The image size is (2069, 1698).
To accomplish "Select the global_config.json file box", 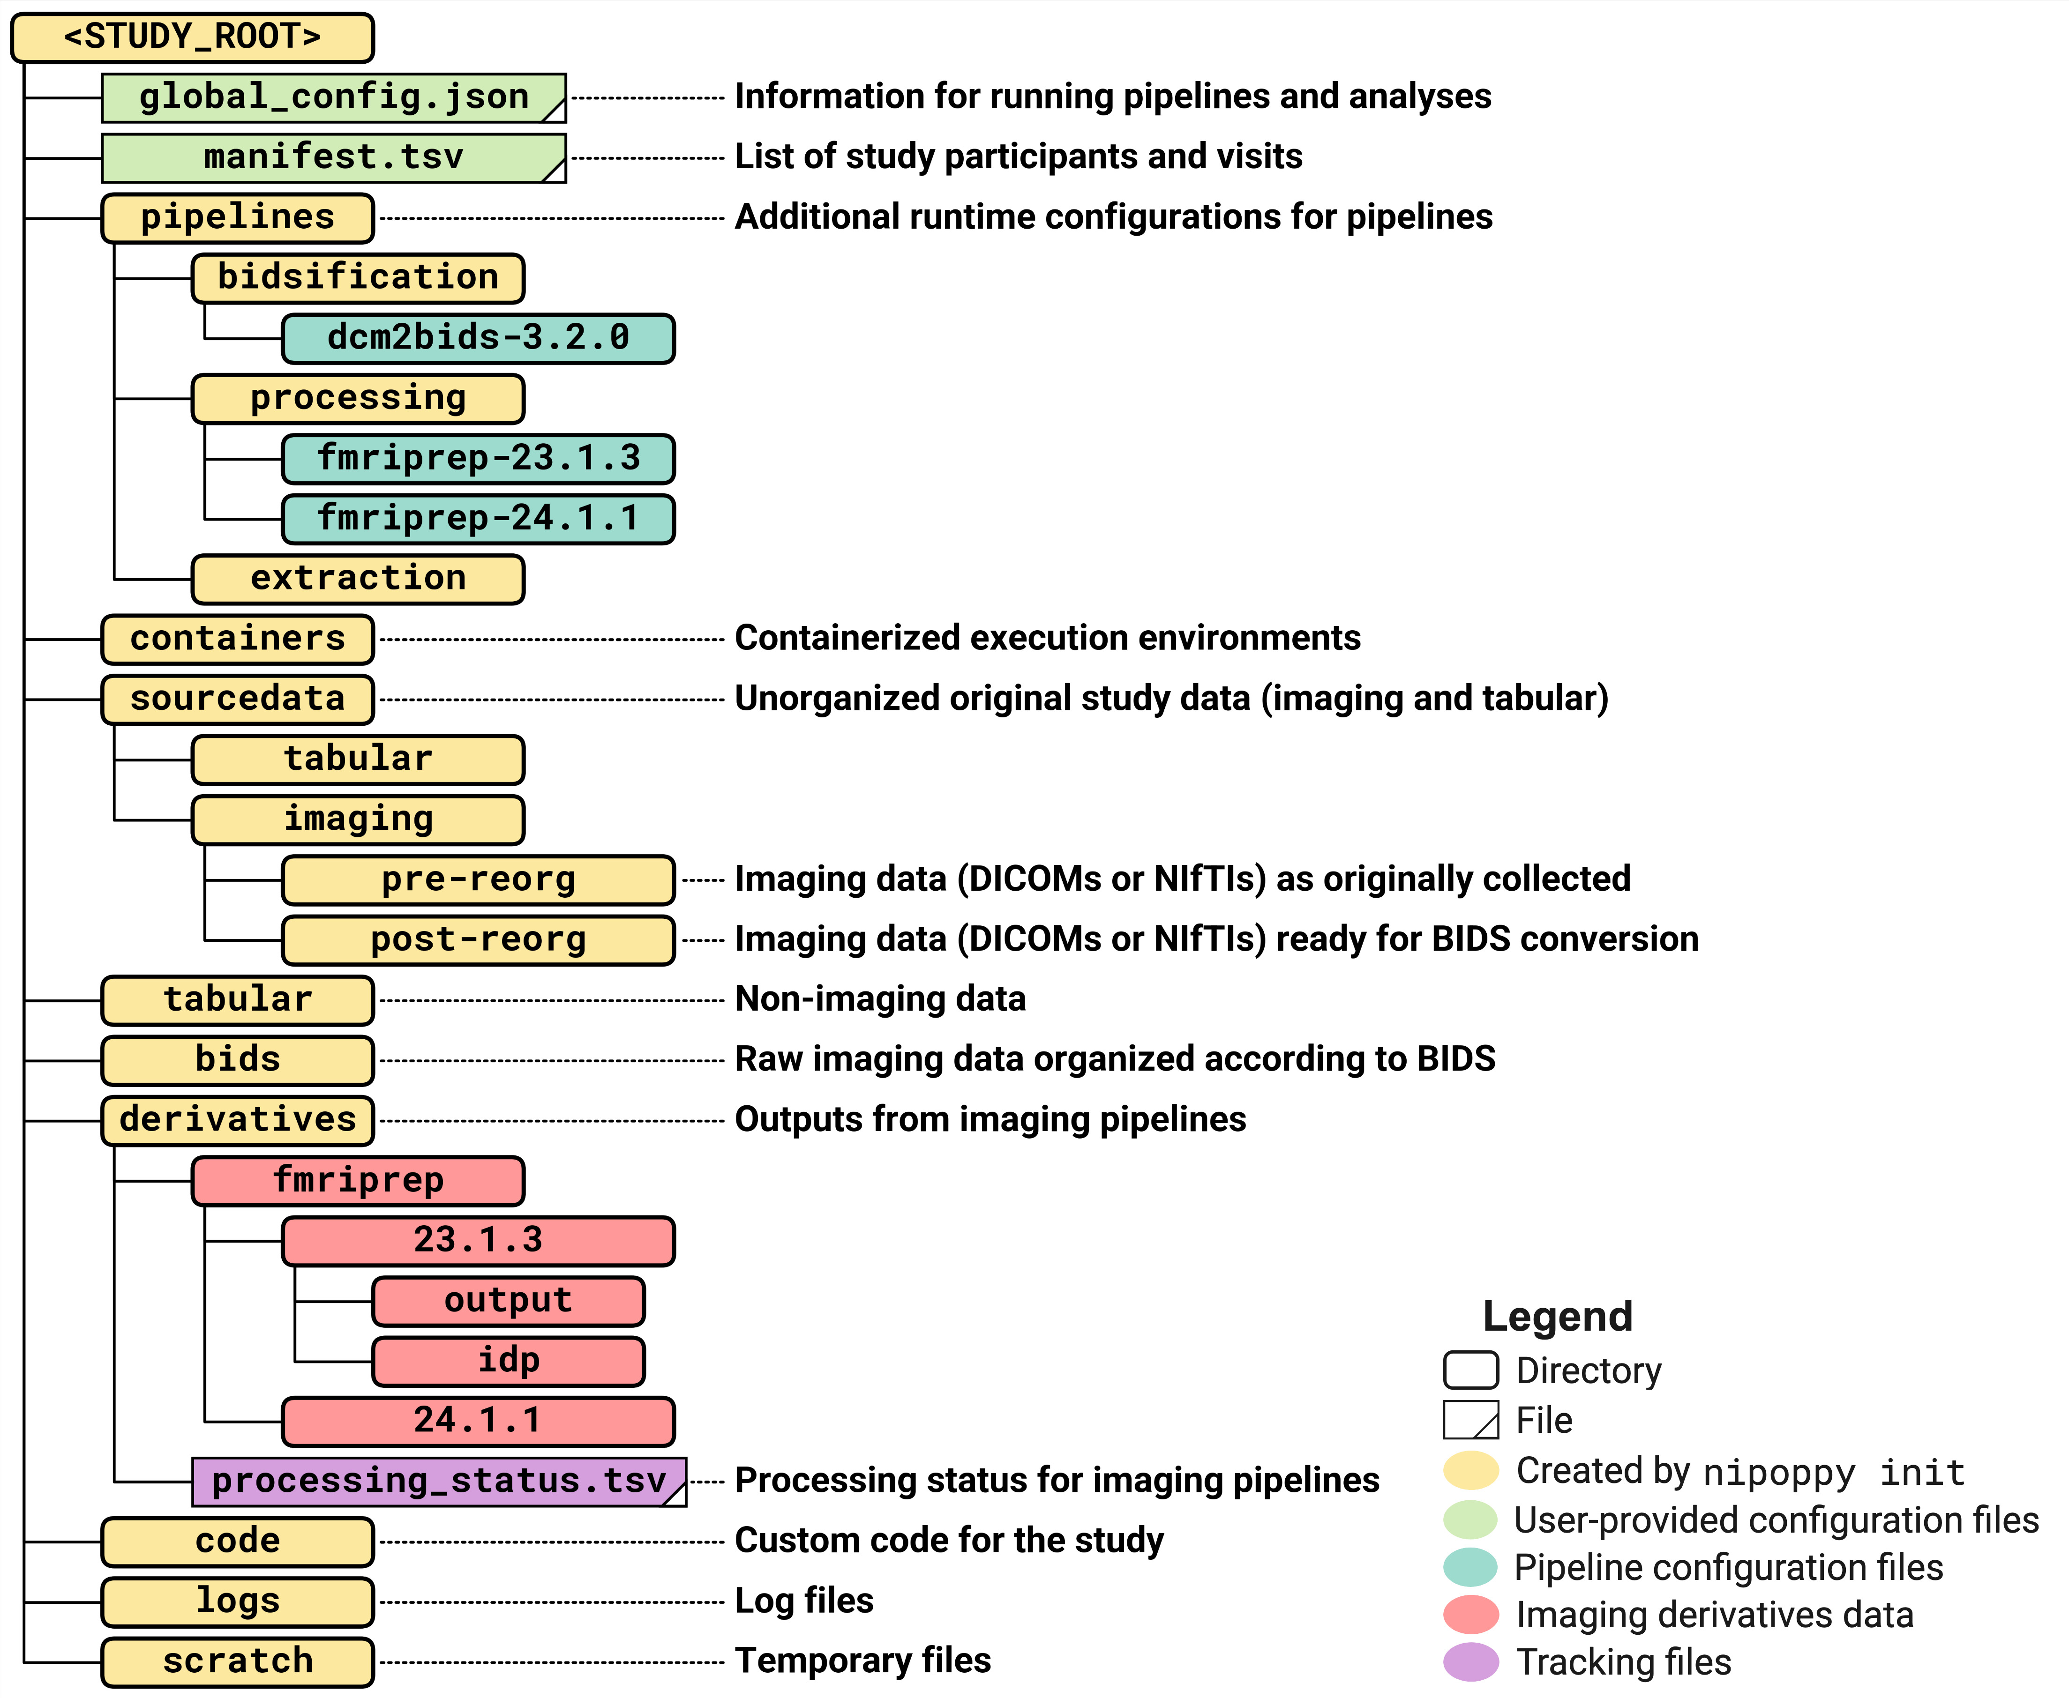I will click(x=334, y=98).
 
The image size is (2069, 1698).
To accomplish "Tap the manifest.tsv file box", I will click(x=334, y=157).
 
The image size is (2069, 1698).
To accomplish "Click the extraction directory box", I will click(x=358, y=579).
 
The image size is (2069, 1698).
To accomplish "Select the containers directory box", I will click(x=238, y=640).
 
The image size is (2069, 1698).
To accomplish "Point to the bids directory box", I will click(x=238, y=1060).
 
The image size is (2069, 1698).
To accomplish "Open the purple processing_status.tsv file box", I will click(x=439, y=1482).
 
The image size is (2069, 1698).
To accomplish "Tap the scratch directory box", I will click(x=238, y=1662).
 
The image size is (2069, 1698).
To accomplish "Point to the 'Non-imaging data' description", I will click(x=879, y=999).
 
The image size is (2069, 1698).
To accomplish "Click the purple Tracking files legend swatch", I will click(x=1470, y=1662).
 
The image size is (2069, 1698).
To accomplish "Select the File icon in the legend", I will click(x=1470, y=1420).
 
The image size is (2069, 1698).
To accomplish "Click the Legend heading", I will click(x=1558, y=1317).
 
